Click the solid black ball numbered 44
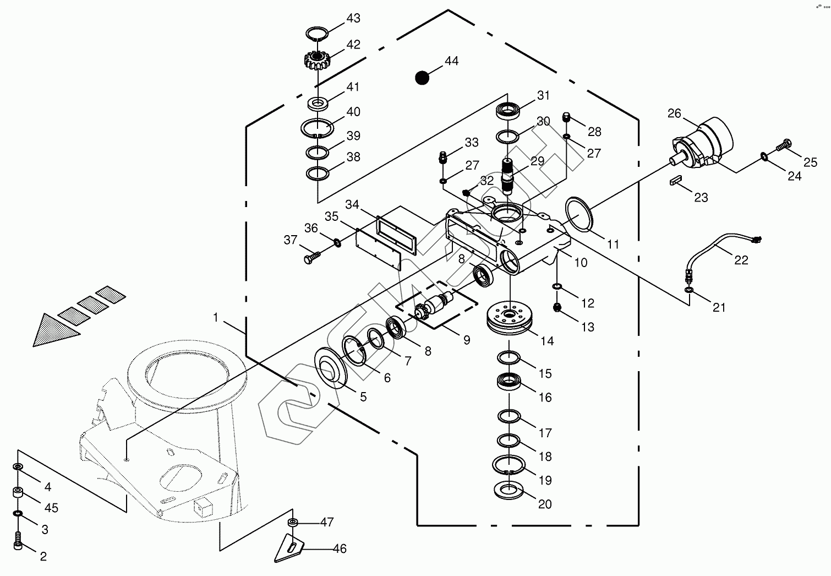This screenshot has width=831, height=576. (422, 78)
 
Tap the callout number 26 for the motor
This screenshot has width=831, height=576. (674, 114)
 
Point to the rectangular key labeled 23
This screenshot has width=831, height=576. (676, 181)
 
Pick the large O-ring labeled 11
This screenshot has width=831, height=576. (579, 215)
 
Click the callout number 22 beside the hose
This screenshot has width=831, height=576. (741, 260)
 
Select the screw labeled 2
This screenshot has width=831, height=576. (18, 540)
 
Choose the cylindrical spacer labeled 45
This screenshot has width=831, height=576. (18, 493)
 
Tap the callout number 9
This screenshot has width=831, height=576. (467, 340)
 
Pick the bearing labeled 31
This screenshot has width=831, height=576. (509, 111)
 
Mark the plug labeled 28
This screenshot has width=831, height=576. (567, 117)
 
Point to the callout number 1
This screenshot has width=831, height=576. (216, 318)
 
